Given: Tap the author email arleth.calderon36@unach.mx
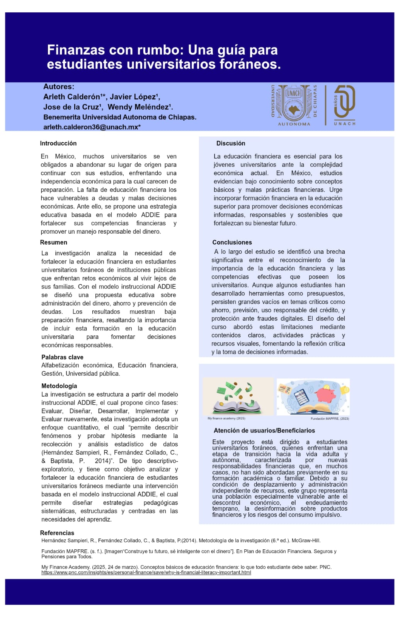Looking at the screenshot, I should pos(92,127).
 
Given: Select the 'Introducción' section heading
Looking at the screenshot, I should pos(58,143).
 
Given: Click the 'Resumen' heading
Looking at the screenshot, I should pos(54,242).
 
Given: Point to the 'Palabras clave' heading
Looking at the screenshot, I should pos(62,357).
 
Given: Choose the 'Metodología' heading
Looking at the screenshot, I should pos(59,386).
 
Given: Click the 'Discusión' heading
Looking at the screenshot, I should pos(231,143).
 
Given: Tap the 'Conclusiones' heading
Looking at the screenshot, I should pos(232,242).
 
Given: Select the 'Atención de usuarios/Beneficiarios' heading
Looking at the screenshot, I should pos(264,430).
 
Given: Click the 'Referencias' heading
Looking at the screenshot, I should pos(57,533).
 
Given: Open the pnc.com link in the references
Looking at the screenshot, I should pos(146,573).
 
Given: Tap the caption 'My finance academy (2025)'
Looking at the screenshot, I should pos(226,418).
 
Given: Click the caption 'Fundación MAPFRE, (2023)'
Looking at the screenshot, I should pos(330,419).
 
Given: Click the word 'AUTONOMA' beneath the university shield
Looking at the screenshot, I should pos(294,124).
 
